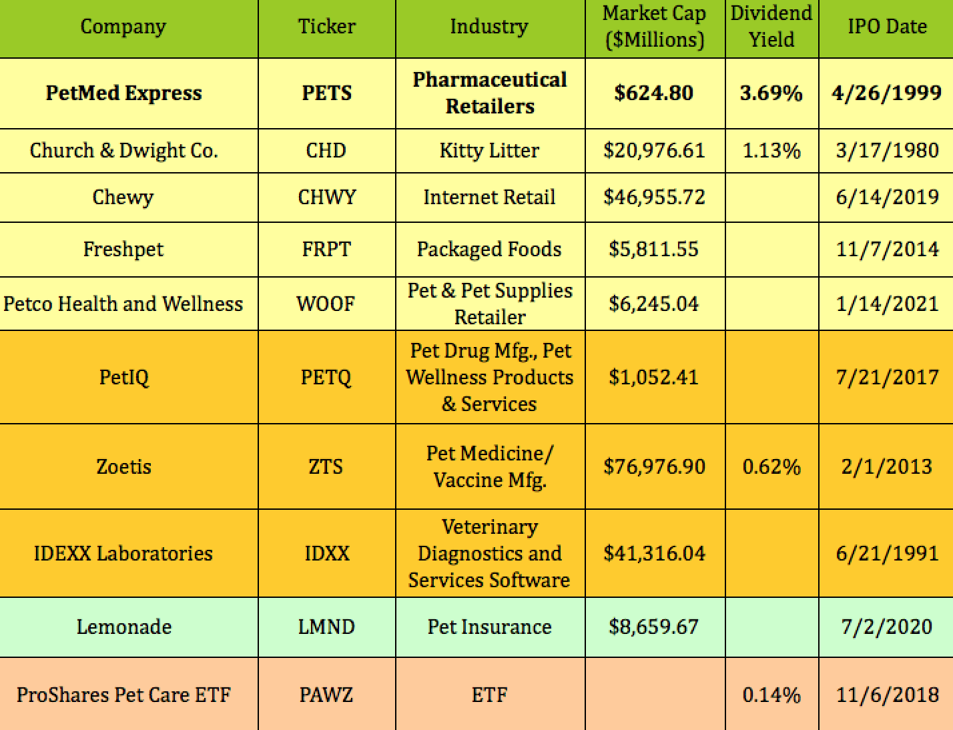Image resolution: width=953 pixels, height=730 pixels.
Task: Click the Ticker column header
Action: coord(326,27)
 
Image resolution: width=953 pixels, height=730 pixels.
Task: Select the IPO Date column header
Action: coord(886,27)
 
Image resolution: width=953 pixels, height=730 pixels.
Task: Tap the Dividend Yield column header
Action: coord(771,27)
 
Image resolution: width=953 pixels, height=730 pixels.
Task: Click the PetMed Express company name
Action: coord(123,93)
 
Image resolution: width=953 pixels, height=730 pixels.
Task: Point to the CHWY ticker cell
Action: coord(326,198)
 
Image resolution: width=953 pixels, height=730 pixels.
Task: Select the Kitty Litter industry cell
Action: coord(489,151)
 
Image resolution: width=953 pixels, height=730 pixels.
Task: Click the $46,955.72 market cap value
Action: coord(654,198)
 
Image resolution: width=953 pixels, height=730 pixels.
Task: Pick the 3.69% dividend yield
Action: coord(771,93)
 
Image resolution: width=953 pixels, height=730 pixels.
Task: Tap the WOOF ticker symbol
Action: coord(326,304)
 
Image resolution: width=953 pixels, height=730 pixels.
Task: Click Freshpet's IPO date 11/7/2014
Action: coord(886,250)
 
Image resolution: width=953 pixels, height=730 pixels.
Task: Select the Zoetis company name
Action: coord(123,466)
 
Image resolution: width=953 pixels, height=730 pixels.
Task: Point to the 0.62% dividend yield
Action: coord(771,466)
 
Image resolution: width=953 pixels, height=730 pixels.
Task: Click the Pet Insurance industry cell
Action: coord(489,627)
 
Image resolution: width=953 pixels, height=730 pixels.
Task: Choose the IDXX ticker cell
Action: coord(326,554)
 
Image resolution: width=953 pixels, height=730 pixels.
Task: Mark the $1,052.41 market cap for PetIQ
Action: coord(654,378)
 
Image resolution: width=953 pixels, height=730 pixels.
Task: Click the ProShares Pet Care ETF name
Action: coord(123,695)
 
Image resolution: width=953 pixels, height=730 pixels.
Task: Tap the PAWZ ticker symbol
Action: coord(326,695)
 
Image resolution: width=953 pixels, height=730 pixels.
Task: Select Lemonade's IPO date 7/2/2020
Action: coord(886,627)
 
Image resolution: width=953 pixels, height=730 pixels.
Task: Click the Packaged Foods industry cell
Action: coord(489,250)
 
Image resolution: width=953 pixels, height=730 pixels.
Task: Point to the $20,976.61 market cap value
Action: coord(654,151)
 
